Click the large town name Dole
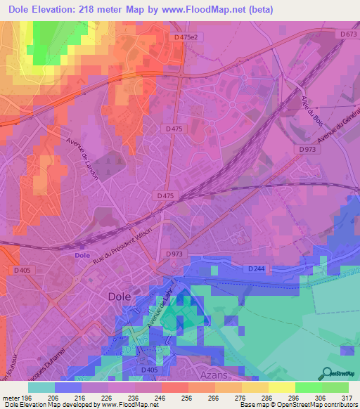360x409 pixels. (x=120, y=297)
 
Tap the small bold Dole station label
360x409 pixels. (x=83, y=256)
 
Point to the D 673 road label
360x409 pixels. (x=347, y=34)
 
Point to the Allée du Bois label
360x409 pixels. (x=313, y=112)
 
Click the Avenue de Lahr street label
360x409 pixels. (x=160, y=310)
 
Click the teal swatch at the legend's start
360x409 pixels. (x=41, y=387)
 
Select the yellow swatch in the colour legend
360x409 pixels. (x=255, y=387)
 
